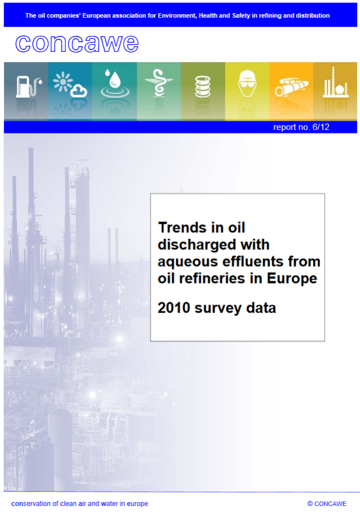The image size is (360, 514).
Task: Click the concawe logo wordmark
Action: point(77,43)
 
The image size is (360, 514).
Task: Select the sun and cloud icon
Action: point(70,85)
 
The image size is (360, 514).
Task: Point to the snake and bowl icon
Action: point(159,83)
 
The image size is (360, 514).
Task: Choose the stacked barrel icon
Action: point(203,87)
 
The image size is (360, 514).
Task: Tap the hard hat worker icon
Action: point(247,83)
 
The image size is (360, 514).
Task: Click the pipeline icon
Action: point(292,87)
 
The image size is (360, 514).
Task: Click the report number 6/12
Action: point(301,127)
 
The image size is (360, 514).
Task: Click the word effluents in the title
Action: point(253,261)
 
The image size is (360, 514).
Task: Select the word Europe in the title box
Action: point(292,279)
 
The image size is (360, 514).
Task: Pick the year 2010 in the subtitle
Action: point(174,308)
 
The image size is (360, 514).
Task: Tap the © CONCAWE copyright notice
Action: point(327,504)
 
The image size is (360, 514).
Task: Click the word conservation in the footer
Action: point(30,504)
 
